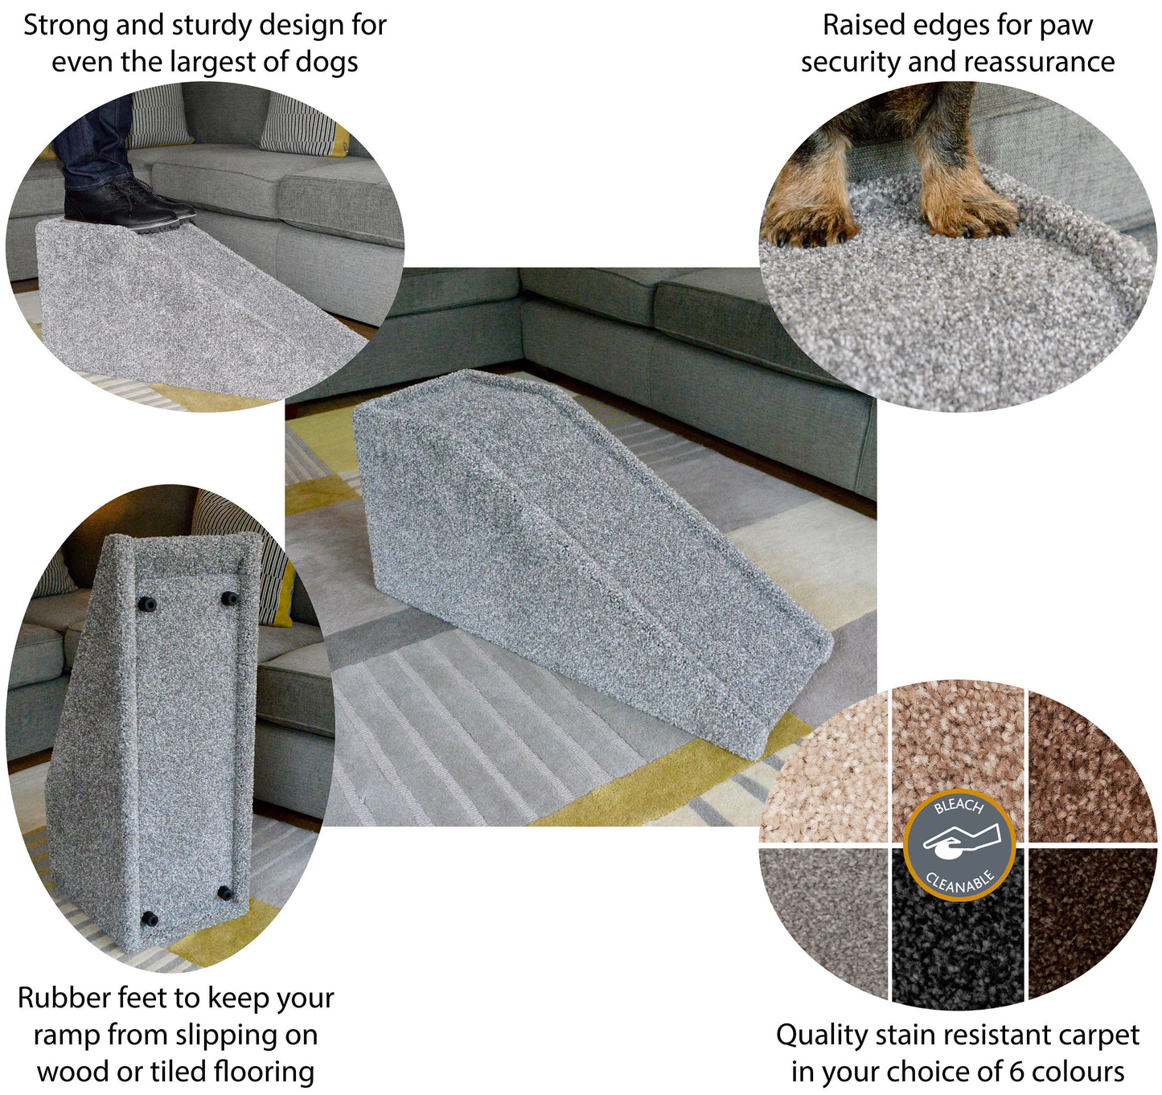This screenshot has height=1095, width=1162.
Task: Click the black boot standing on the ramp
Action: pyautogui.click(x=125, y=207)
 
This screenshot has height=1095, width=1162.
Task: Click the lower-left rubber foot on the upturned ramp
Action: pyautogui.click(x=150, y=917)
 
